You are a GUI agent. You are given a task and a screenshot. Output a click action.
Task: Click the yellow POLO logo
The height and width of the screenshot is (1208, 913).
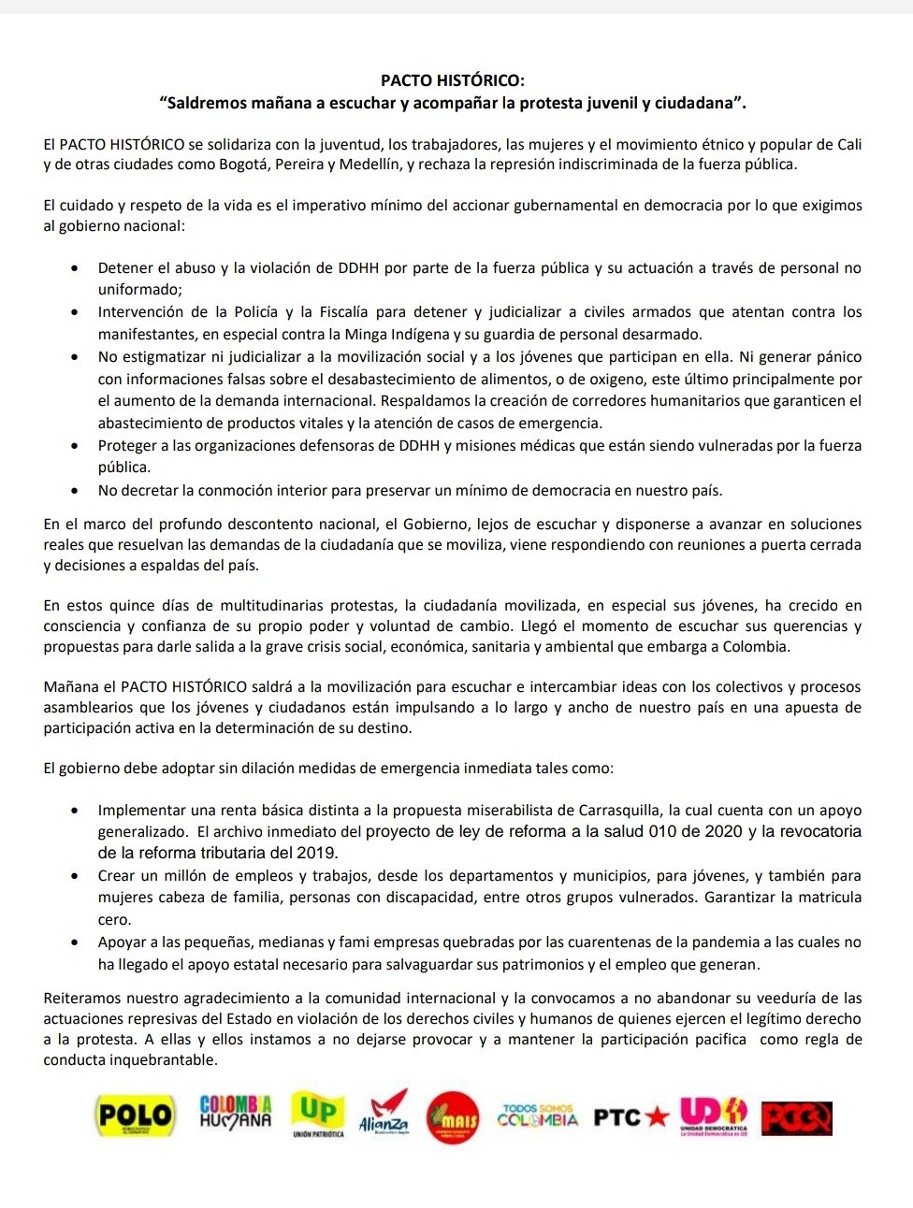click(x=136, y=1115)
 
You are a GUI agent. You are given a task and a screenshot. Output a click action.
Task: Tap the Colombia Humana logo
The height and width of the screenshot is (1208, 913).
click(x=236, y=1112)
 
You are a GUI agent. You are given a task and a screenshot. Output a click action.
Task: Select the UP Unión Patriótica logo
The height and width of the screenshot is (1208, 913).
click(x=318, y=1114)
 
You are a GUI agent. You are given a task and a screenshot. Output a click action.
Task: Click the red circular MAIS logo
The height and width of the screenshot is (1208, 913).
click(x=454, y=1117)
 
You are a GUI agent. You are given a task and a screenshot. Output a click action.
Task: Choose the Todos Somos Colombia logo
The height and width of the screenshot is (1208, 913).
click(x=538, y=1115)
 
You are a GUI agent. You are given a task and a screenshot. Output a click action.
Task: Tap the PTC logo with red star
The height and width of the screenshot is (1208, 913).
click(x=631, y=1116)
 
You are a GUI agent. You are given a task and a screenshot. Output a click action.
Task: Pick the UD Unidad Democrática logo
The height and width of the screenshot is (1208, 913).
click(x=714, y=1115)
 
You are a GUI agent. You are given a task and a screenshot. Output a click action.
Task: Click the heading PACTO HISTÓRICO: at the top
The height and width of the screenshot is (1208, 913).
click(x=453, y=81)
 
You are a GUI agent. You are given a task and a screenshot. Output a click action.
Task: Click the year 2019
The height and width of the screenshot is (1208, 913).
click(x=318, y=853)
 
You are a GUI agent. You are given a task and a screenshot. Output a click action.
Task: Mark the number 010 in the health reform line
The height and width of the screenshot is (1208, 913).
click(x=663, y=832)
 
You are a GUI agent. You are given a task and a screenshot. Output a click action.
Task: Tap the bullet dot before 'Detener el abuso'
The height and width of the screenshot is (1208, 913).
click(x=76, y=268)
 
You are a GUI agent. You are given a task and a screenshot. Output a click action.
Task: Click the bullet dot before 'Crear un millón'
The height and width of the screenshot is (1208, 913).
click(x=76, y=876)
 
